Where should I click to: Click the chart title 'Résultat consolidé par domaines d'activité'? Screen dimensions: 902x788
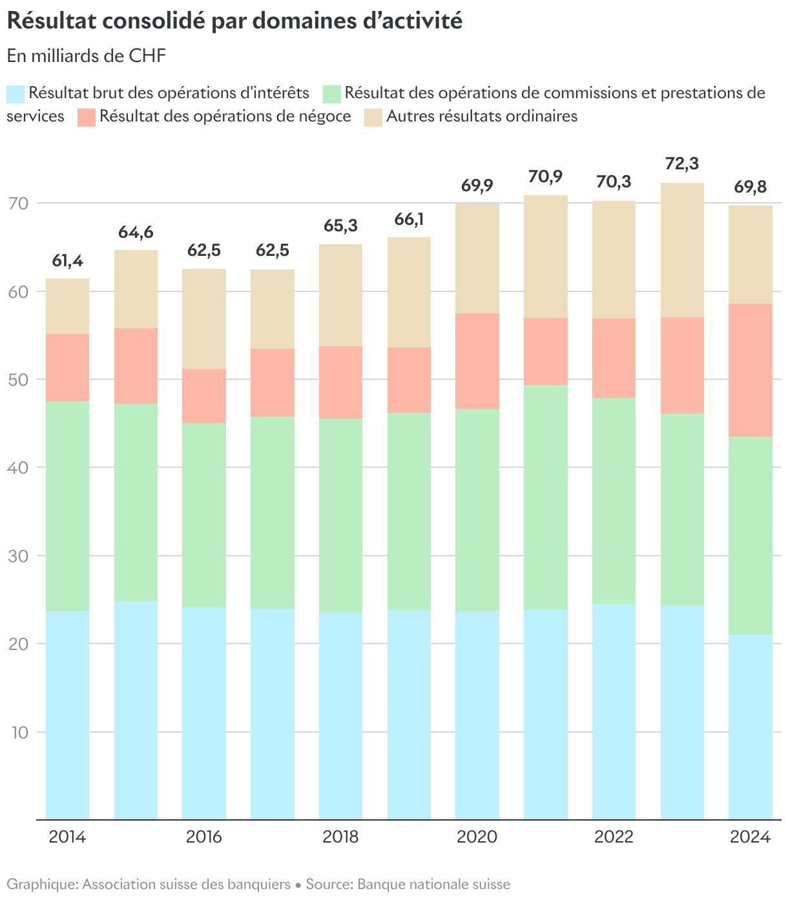click(234, 21)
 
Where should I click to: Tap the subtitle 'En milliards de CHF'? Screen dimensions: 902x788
click(87, 56)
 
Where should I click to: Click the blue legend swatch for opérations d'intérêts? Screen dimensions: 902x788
click(16, 94)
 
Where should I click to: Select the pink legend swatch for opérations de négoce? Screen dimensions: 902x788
click(86, 117)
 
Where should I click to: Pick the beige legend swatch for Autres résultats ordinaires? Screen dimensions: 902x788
click(373, 117)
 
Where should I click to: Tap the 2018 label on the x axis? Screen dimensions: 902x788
click(340, 837)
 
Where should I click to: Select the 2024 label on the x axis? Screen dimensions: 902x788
click(751, 837)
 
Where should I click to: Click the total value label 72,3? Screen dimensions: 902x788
click(682, 164)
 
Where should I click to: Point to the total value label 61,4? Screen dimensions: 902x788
click(67, 261)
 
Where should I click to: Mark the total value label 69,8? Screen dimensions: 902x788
click(751, 187)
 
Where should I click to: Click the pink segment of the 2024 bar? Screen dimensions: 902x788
click(751, 370)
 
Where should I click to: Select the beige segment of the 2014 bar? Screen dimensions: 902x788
click(67, 306)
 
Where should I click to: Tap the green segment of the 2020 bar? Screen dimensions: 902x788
click(477, 510)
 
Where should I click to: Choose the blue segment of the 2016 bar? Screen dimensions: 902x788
click(204, 713)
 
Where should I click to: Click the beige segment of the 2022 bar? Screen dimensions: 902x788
click(614, 260)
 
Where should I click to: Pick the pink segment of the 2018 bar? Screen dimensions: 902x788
click(340, 383)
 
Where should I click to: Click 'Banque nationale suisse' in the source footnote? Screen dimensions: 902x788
click(433, 884)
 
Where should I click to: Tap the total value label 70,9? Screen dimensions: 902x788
click(546, 176)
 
